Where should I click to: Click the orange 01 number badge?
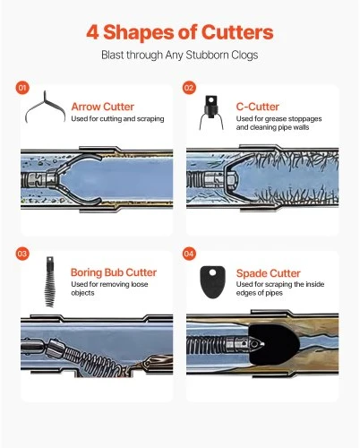(x=22, y=88)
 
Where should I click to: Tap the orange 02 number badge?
(x=189, y=88)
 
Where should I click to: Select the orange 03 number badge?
(x=22, y=254)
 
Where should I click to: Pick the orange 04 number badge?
(x=189, y=254)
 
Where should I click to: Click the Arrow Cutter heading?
(x=103, y=107)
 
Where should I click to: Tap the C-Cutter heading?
(x=258, y=107)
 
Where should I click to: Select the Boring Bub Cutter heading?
(x=114, y=272)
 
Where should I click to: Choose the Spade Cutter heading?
(x=268, y=273)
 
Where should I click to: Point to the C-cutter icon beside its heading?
(x=211, y=112)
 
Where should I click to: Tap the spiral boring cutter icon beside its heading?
(x=49, y=281)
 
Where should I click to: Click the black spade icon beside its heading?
(x=212, y=282)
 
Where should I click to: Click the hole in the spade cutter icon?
(x=212, y=272)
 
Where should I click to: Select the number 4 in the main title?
(x=92, y=32)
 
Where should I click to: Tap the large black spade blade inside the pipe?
(x=273, y=344)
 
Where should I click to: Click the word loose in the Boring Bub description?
(x=140, y=284)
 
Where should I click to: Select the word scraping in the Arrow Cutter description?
(x=150, y=119)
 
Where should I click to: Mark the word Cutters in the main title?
(x=237, y=32)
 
